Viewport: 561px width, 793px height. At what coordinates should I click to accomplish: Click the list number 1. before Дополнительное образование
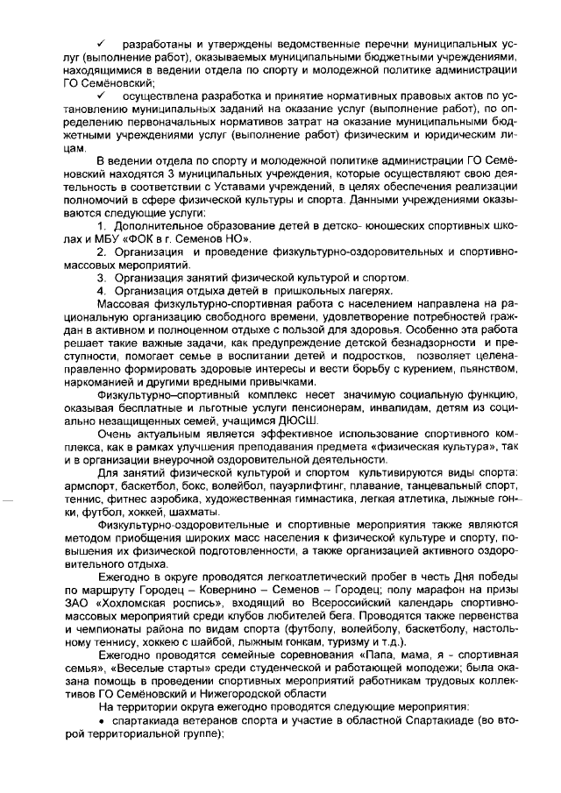(x=103, y=228)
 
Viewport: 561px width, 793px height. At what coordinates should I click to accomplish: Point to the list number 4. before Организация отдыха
(x=102, y=290)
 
